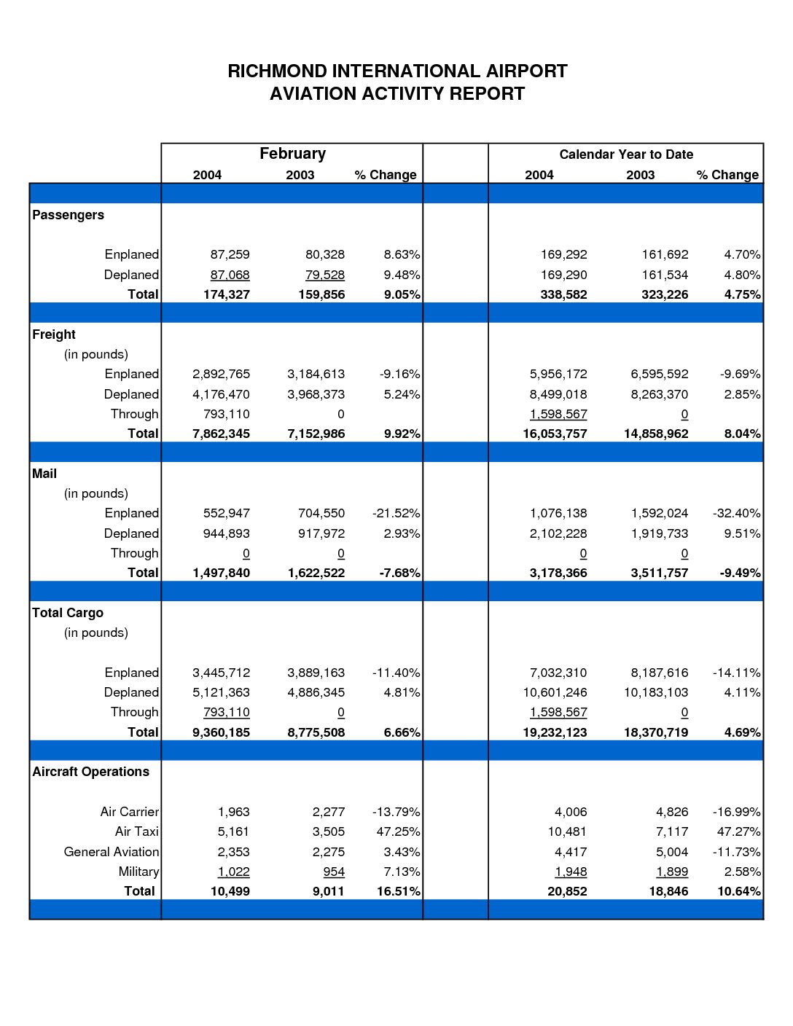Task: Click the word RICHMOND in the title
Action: (277, 71)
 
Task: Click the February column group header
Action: (292, 154)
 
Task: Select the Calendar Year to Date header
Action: (626, 154)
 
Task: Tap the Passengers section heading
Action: (68, 215)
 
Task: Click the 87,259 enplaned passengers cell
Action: (230, 254)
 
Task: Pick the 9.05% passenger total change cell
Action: (402, 294)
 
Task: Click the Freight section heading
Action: (53, 334)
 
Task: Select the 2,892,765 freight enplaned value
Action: (221, 374)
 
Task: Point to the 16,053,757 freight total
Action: (555, 434)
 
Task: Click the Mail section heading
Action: (44, 474)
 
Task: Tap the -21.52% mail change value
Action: (396, 513)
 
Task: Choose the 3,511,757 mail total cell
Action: (660, 573)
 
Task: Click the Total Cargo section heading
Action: (68, 613)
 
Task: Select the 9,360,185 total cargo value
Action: (221, 732)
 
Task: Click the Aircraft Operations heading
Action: (90, 772)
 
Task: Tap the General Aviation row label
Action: (112, 852)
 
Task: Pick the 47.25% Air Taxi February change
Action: (398, 831)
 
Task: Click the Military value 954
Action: (334, 872)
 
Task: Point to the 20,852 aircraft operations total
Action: (567, 891)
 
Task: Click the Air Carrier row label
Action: (130, 812)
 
